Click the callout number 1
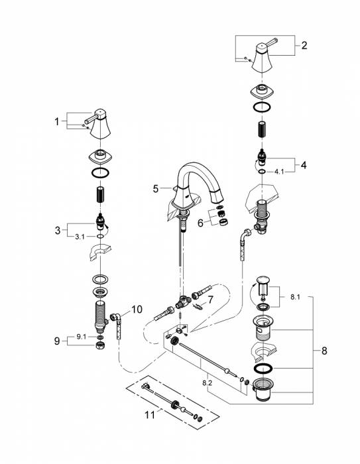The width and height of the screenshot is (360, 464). tap(57, 121)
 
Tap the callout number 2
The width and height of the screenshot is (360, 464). tap(304, 45)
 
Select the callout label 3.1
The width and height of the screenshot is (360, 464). tap(80, 237)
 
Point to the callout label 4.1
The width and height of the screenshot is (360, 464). tap(279, 171)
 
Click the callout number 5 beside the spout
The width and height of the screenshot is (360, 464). tap(156, 188)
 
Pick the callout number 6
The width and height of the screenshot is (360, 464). tap(200, 223)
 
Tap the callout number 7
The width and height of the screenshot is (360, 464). tap(210, 300)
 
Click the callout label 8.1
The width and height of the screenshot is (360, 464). tap(295, 297)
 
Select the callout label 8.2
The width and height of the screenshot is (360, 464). tap(208, 382)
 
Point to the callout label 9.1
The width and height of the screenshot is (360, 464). tap(82, 337)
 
